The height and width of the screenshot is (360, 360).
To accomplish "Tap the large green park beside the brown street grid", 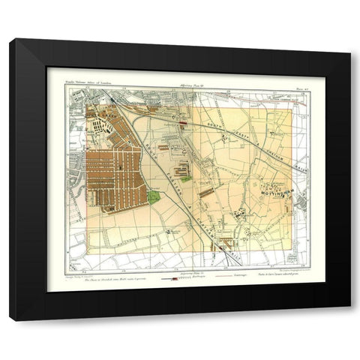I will [153, 198].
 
